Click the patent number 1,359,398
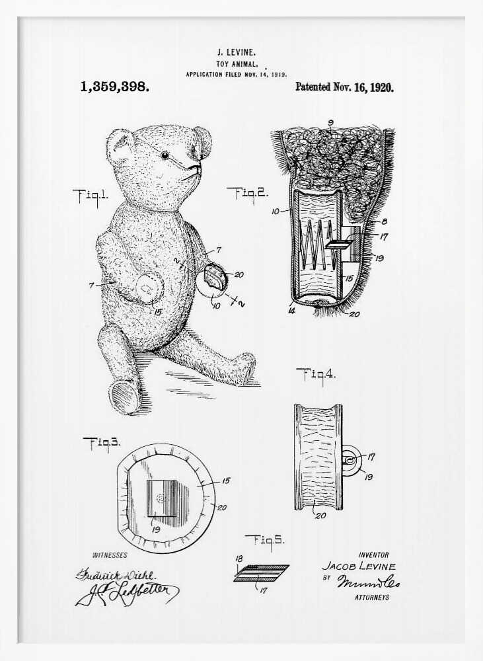(114, 87)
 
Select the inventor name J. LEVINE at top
(237, 52)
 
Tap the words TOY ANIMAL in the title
(236, 63)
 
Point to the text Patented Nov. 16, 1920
(344, 87)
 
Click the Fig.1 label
(91, 195)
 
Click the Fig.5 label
(264, 540)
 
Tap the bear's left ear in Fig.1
(119, 146)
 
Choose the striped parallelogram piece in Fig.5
(261, 572)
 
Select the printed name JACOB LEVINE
(359, 566)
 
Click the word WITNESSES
(110, 555)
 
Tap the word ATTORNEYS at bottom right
(372, 598)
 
